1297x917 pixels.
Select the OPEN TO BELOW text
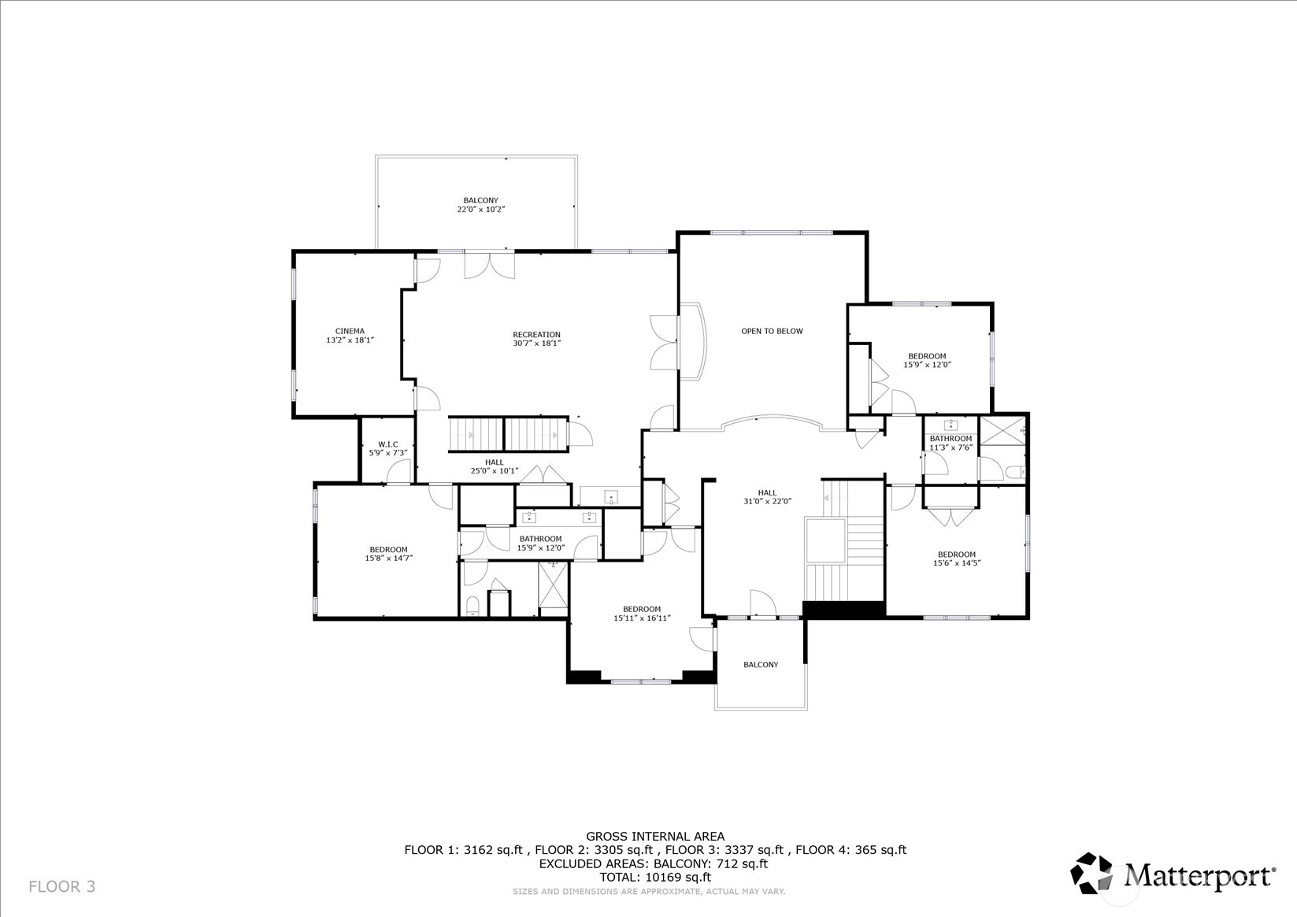tap(772, 331)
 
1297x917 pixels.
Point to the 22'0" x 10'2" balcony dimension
tap(480, 210)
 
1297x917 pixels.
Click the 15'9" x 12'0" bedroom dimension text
tap(927, 365)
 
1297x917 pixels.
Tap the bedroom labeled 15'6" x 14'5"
tap(957, 559)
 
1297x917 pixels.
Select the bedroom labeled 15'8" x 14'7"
tap(389, 553)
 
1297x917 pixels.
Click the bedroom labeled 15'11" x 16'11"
tap(642, 613)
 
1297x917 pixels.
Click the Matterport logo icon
tap(1092, 873)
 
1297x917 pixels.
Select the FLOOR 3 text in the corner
tap(61, 886)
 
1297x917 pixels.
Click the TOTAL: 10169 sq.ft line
tap(654, 877)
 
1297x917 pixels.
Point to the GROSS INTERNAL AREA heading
tap(654, 837)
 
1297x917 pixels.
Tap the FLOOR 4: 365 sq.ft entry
tap(850, 850)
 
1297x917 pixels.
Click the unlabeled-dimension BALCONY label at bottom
tap(761, 665)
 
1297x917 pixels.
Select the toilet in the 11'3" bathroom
tap(1014, 473)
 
